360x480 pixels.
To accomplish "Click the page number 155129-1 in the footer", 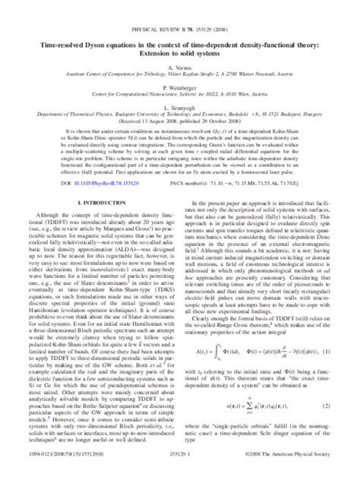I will point(180,472).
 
